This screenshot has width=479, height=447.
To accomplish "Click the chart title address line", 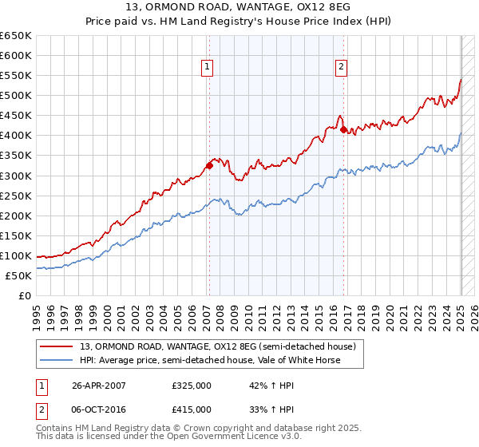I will pos(239,6).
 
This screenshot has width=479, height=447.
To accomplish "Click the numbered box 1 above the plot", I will pos(208,68).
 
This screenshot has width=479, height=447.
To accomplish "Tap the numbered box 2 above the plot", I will pos(341,68).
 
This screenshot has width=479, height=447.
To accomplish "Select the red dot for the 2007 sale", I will pos(209,165).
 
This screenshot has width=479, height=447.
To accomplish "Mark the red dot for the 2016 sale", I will pos(343,129).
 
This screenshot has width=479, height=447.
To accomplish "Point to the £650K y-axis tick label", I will pos(16,36).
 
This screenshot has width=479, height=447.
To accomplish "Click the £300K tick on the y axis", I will pos(16,176).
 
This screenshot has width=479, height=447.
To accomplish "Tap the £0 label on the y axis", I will pos(26,295).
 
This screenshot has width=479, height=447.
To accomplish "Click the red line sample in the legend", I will pos(57,346).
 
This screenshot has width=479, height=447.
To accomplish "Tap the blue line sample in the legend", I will pos(57,360).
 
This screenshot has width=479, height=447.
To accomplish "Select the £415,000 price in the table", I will pos(192,409).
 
